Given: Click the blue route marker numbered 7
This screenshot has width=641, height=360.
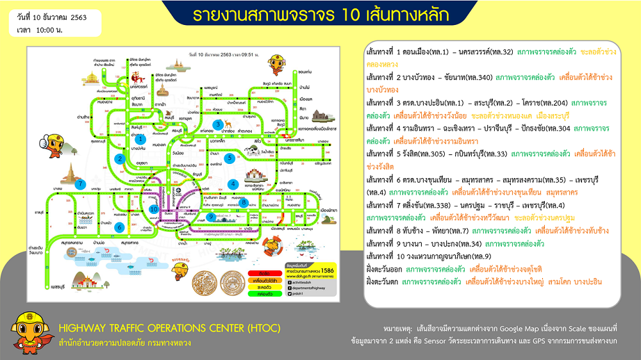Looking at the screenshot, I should coord(80,184).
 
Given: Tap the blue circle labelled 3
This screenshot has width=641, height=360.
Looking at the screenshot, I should coord(218,124).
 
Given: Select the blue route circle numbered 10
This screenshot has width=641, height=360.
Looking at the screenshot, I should coord(153,208).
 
